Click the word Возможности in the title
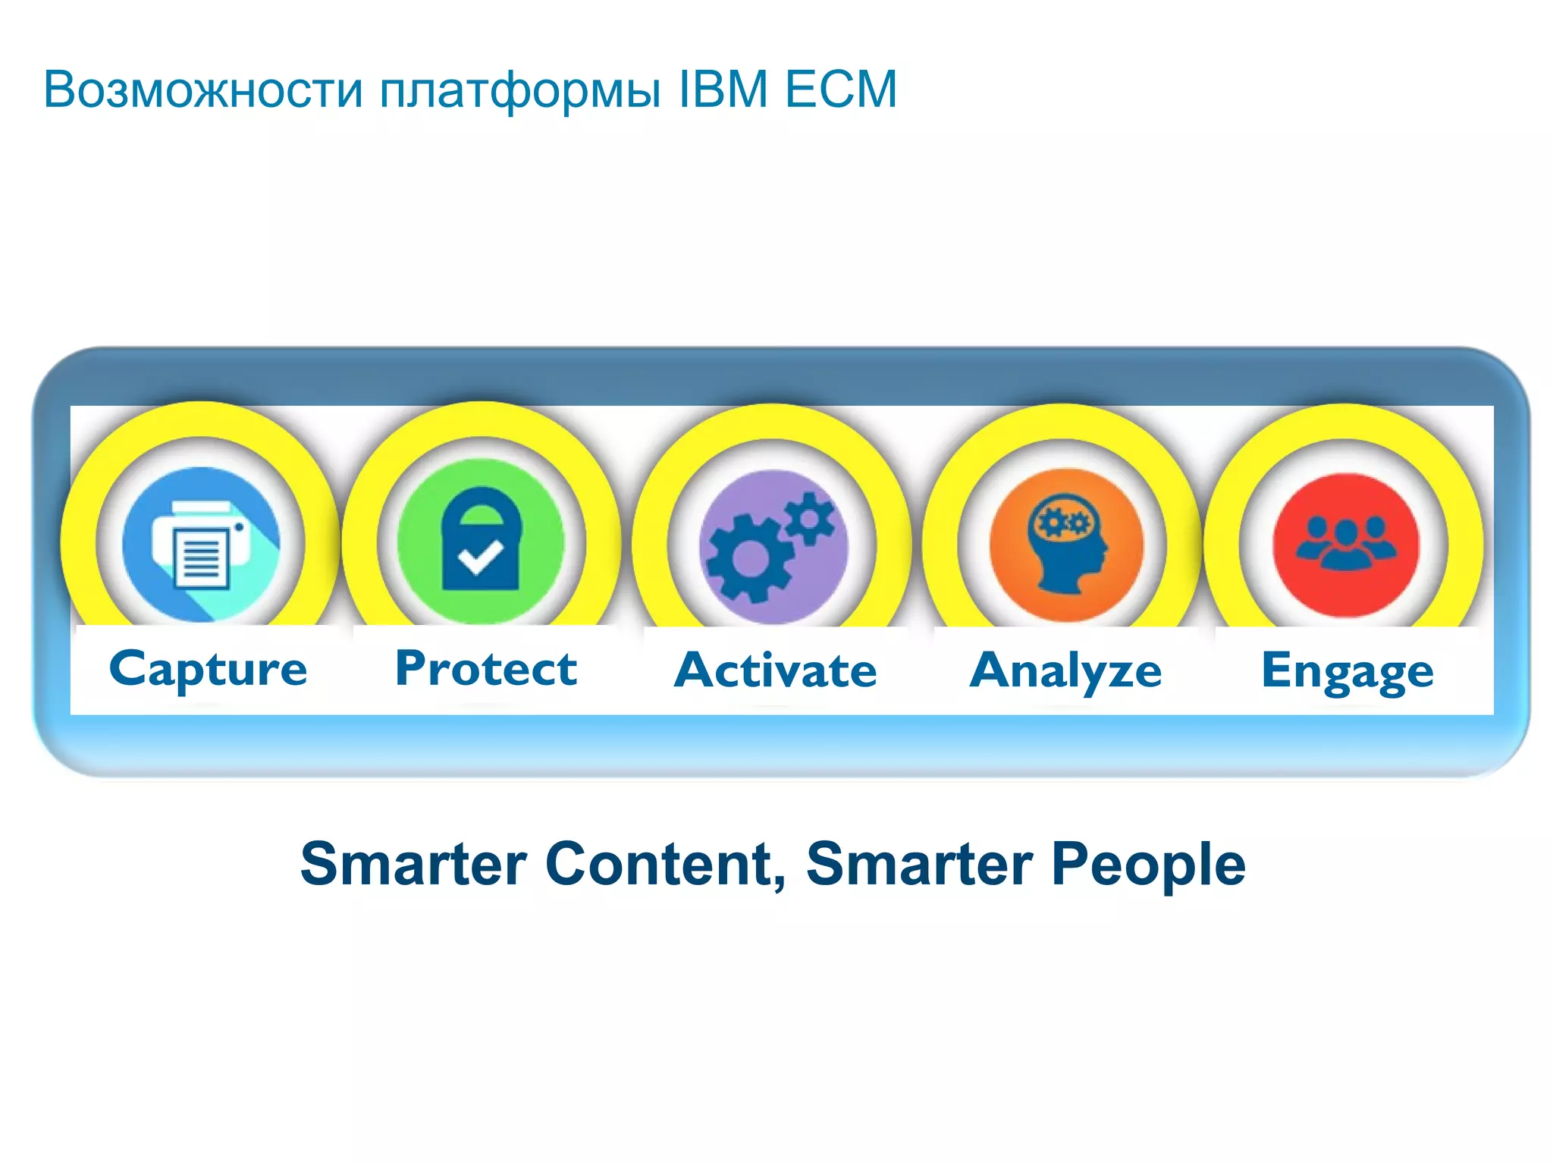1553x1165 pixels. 203,90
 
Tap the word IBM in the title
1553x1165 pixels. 723,89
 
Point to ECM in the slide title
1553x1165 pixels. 841,89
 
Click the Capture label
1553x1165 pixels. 208,670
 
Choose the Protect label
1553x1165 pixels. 486,669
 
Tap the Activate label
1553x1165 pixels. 775,670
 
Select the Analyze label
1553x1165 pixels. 1065,671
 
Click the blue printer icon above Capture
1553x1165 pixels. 201,545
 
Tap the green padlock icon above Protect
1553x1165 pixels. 481,540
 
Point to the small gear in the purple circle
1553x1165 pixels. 810,518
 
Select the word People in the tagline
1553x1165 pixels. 1148,864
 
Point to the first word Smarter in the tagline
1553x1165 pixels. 413,864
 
